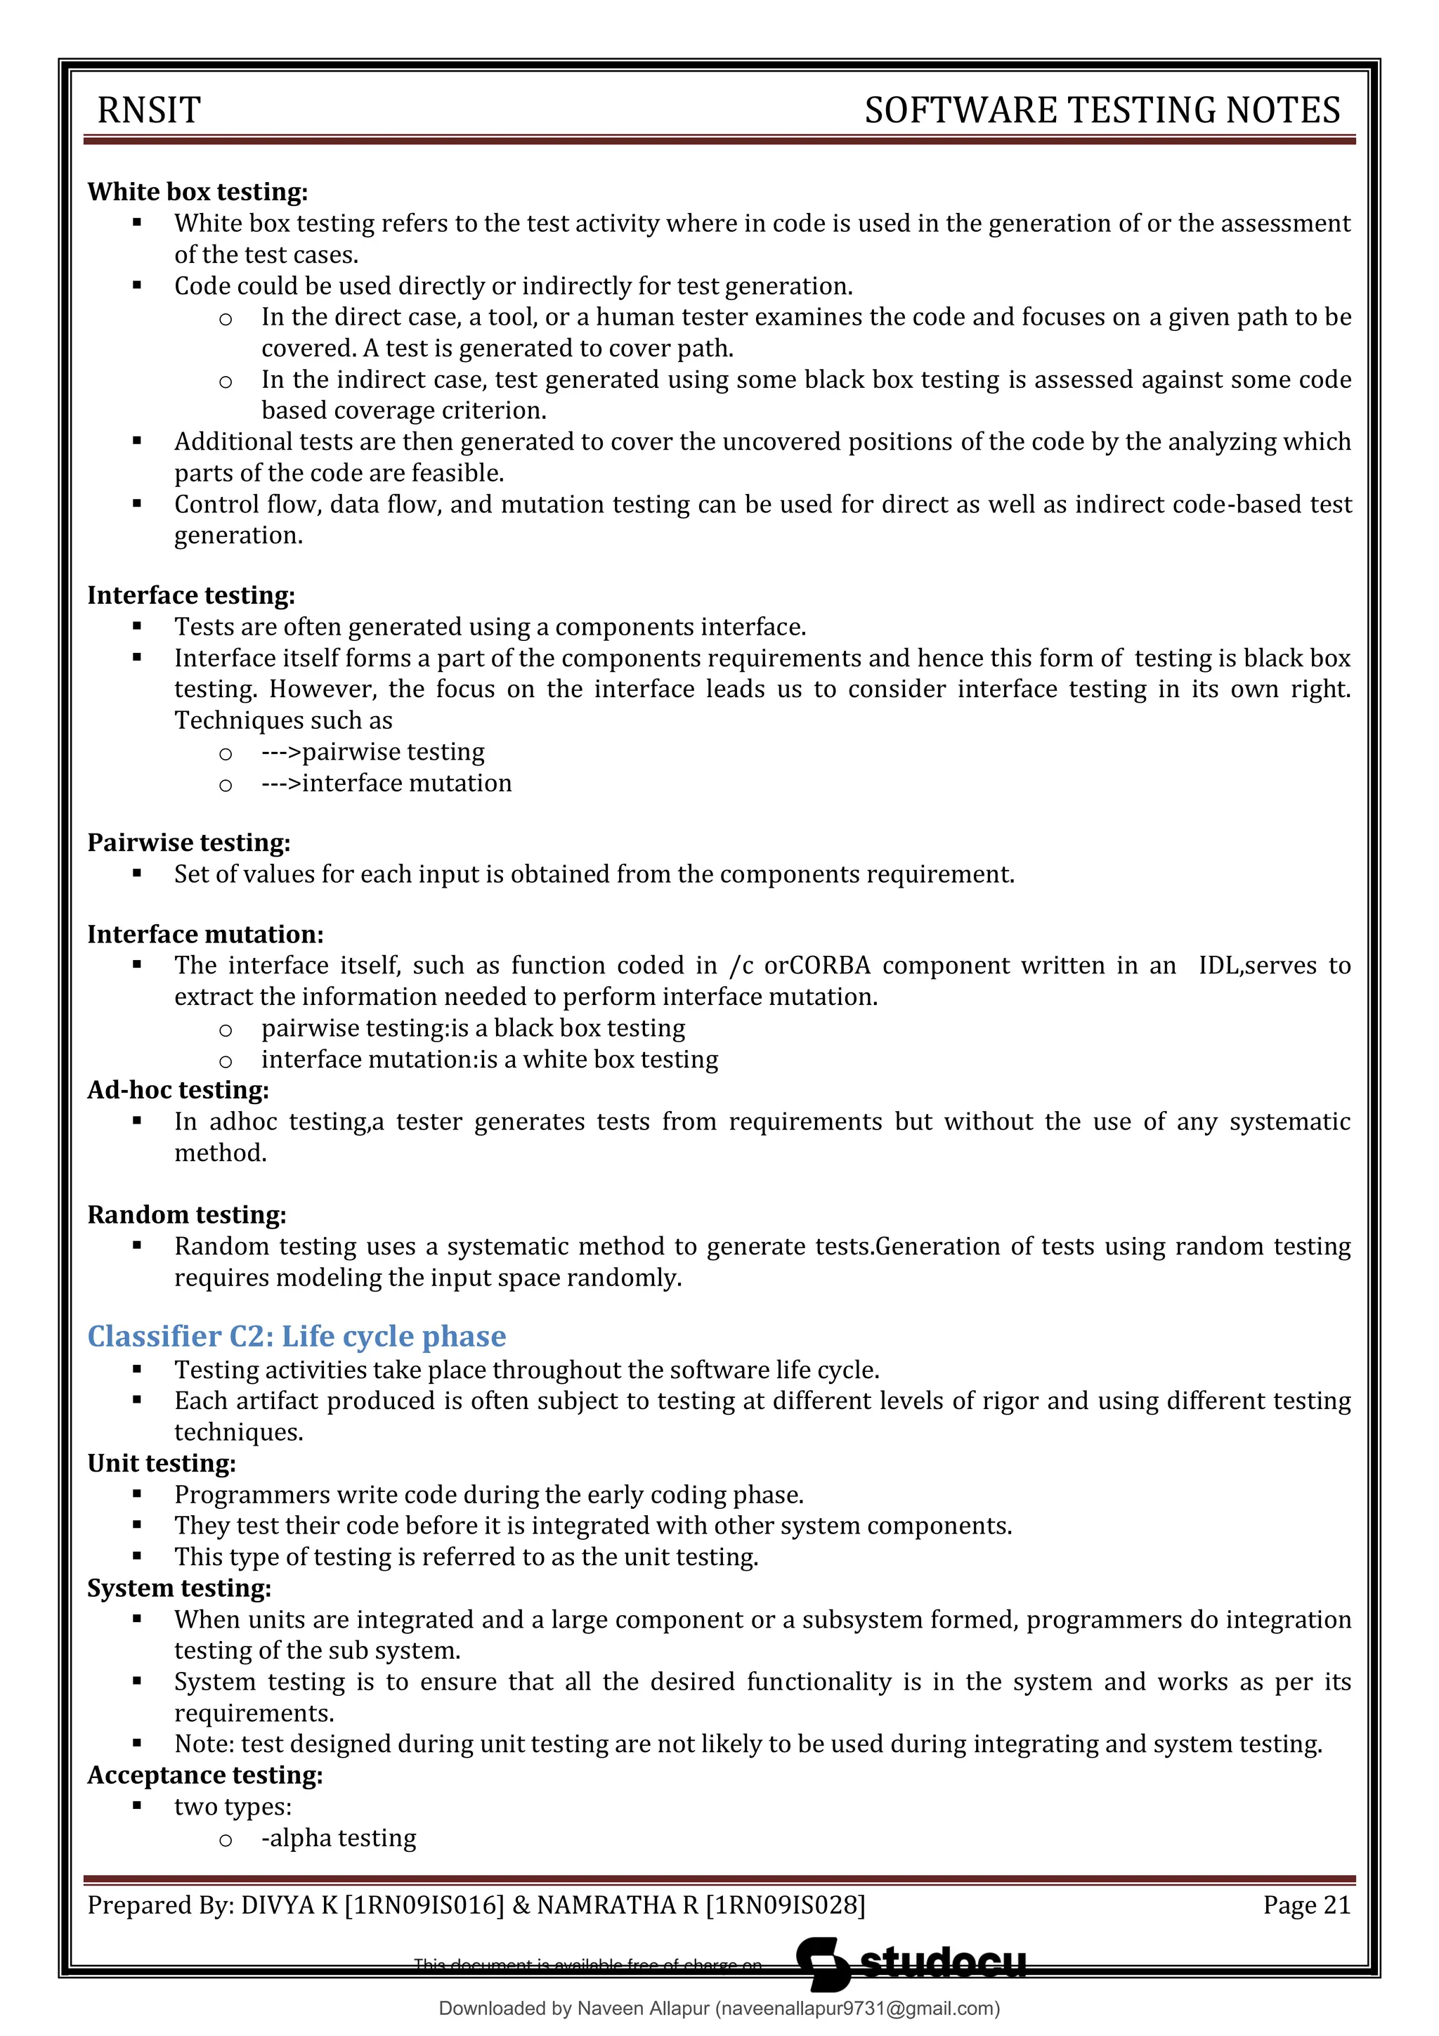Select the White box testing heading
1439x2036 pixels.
click(x=197, y=193)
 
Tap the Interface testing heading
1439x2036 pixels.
click(x=190, y=595)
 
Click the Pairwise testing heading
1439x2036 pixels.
click(x=188, y=843)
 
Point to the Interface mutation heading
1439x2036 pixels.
click(x=204, y=935)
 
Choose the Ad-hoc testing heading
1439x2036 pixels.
click(x=177, y=1090)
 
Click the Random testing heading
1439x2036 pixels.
click(x=186, y=1215)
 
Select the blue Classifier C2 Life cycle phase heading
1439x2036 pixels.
click(x=296, y=1335)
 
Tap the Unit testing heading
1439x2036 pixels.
click(x=162, y=1463)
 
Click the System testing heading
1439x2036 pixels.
click(x=179, y=1588)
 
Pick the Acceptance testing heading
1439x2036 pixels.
click(x=204, y=1775)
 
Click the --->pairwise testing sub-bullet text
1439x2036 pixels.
click(x=372, y=752)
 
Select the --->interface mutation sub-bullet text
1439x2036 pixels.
click(x=386, y=783)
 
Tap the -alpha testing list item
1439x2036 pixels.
click(x=338, y=1837)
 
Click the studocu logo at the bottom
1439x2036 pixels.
click(x=913, y=1964)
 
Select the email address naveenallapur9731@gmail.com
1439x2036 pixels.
click(x=857, y=2009)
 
